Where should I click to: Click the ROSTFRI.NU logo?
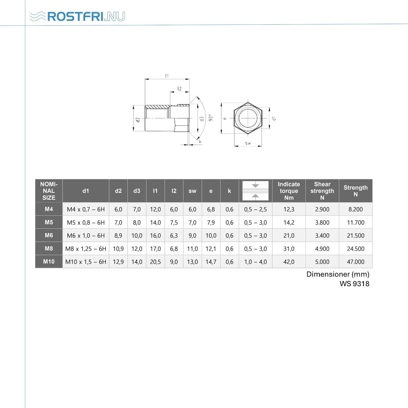click(77, 16)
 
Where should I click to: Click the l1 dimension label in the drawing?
click(167, 76)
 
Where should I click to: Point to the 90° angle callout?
click(210, 118)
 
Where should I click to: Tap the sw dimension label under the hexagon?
click(248, 143)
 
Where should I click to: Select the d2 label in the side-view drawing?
click(138, 120)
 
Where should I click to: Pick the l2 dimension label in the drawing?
click(179, 89)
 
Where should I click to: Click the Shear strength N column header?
click(322, 191)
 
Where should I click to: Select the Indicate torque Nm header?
click(289, 191)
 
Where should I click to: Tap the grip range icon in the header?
click(255, 191)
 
